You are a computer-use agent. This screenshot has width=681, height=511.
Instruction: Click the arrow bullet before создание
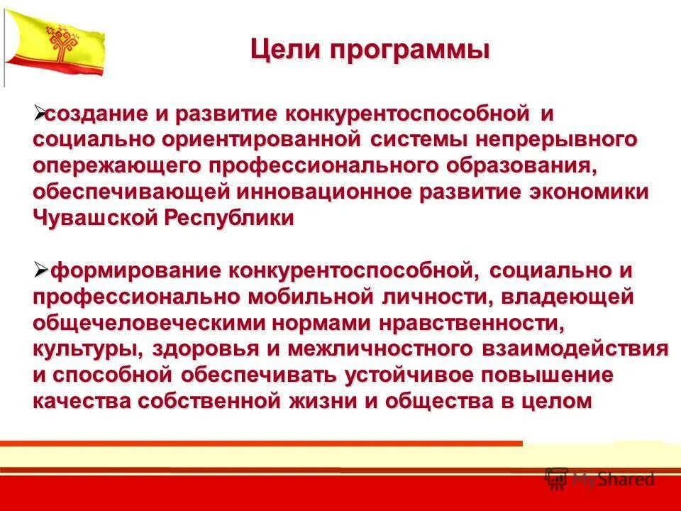coord(40,112)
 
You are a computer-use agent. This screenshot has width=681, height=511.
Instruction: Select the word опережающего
coord(116,166)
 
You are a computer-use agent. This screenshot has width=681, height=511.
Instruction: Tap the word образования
coord(521,166)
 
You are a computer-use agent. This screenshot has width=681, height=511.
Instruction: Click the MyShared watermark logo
coord(599,478)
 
